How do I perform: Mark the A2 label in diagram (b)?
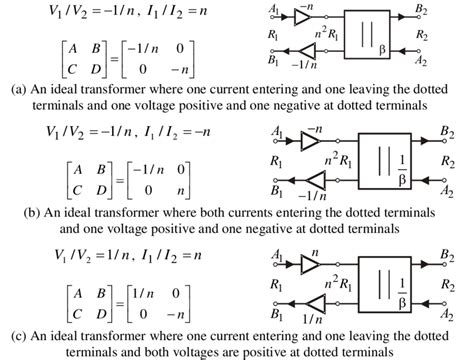click(445, 189)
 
